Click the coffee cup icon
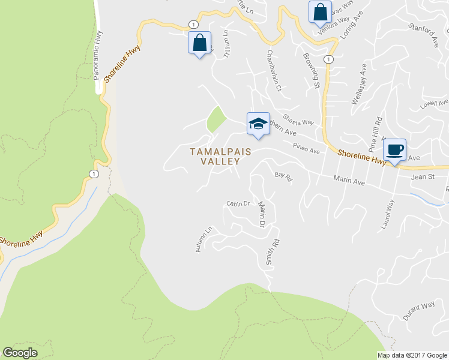tap(394, 149)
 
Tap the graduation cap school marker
tap(258, 124)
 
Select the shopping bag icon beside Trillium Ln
tap(199, 43)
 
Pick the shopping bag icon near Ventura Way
tap(320, 11)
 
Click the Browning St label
tap(311, 70)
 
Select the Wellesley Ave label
tap(358, 85)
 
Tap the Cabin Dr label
tap(238, 203)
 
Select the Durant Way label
tap(419, 311)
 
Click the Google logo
tap(20, 353)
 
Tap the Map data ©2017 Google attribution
tap(411, 355)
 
